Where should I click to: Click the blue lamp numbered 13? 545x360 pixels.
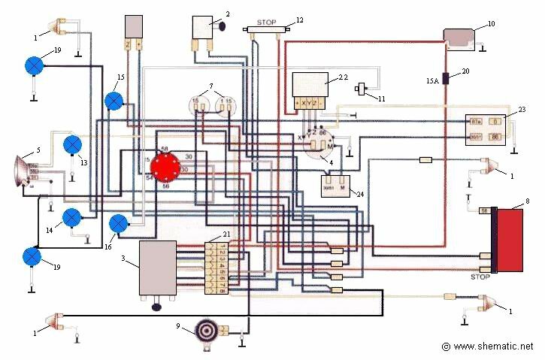[72, 144]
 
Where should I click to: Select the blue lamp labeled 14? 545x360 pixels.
[71, 218]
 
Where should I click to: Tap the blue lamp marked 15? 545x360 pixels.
[114, 101]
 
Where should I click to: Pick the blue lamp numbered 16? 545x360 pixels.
[119, 224]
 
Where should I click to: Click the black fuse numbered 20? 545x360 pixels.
[445, 77]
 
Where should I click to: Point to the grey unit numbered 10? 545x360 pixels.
[464, 37]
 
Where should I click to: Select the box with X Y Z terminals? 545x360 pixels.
[310, 89]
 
